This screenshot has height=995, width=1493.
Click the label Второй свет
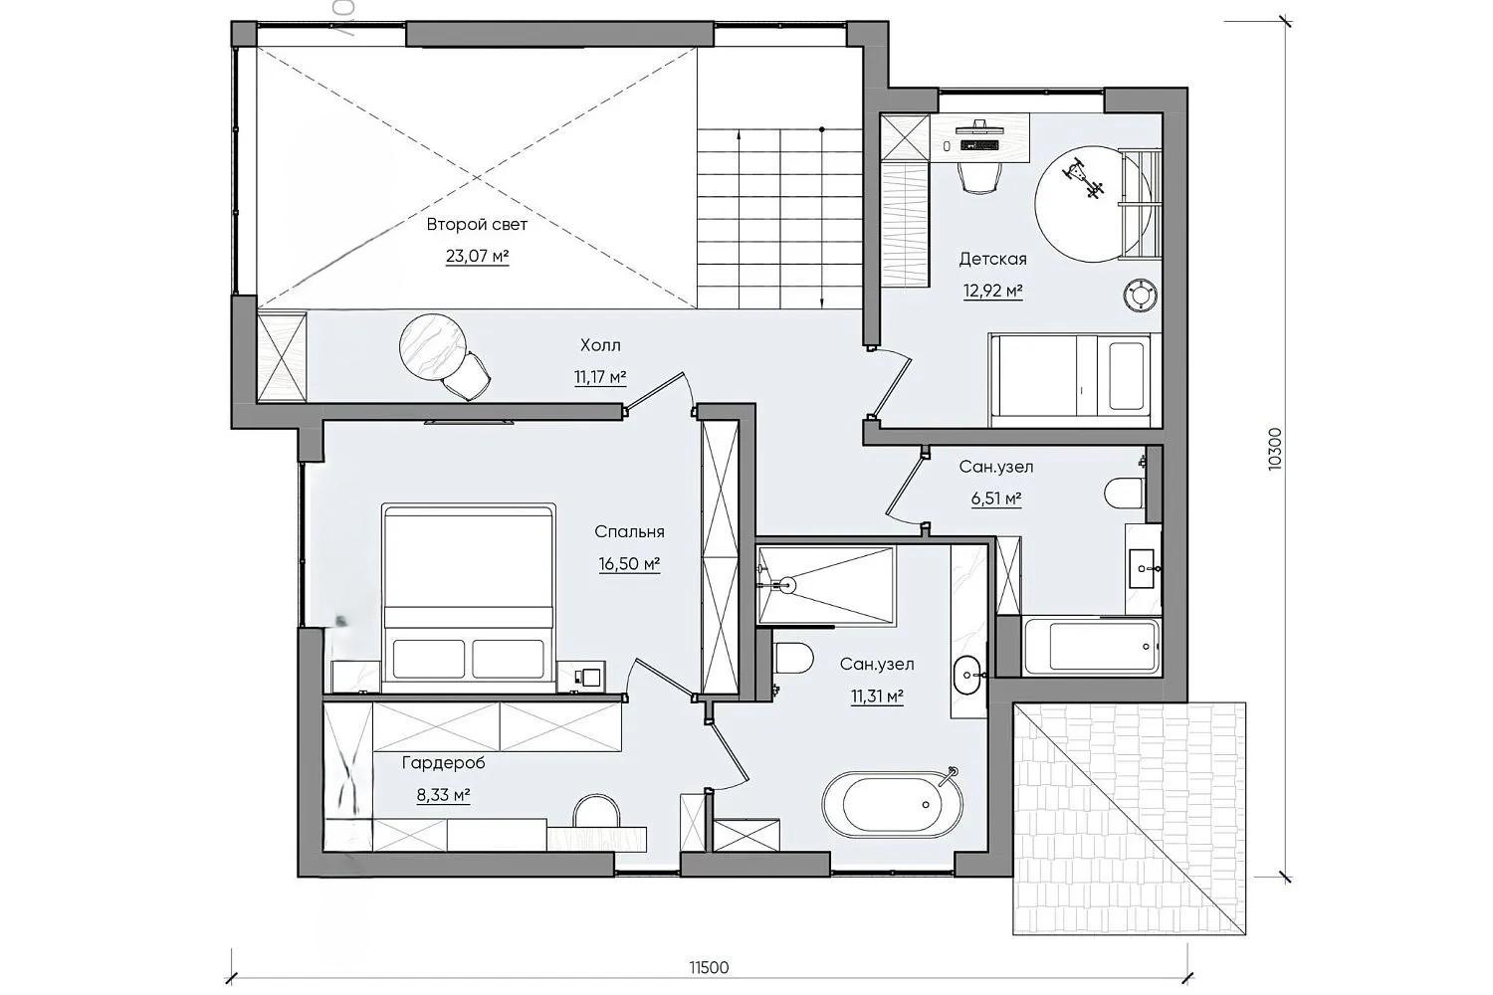pyautogui.click(x=477, y=225)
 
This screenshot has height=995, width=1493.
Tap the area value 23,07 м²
pyautogui.click(x=477, y=256)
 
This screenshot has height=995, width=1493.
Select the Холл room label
pyautogui.click(x=600, y=345)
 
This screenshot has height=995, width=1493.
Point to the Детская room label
pyautogui.click(x=992, y=259)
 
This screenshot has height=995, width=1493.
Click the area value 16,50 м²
pyautogui.click(x=629, y=564)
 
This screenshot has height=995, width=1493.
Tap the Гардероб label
pyautogui.click(x=443, y=763)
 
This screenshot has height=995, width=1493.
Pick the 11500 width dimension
pyautogui.click(x=709, y=967)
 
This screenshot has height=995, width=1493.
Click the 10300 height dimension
pyautogui.click(x=1274, y=449)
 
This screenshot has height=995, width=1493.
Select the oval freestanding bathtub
pyautogui.click(x=893, y=804)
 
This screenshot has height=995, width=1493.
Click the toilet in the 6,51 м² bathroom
pyautogui.click(x=1124, y=494)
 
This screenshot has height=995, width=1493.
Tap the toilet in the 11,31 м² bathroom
pyautogui.click(x=794, y=658)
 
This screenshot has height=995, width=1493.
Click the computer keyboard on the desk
pyautogui.click(x=978, y=144)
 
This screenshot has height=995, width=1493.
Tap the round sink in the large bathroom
pyautogui.click(x=967, y=675)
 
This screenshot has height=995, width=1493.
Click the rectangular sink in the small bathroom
pyautogui.click(x=1142, y=568)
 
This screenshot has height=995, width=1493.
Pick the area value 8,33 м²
pyautogui.click(x=443, y=795)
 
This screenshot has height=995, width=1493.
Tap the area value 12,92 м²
pyautogui.click(x=992, y=291)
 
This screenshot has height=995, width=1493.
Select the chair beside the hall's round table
pyautogui.click(x=467, y=376)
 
